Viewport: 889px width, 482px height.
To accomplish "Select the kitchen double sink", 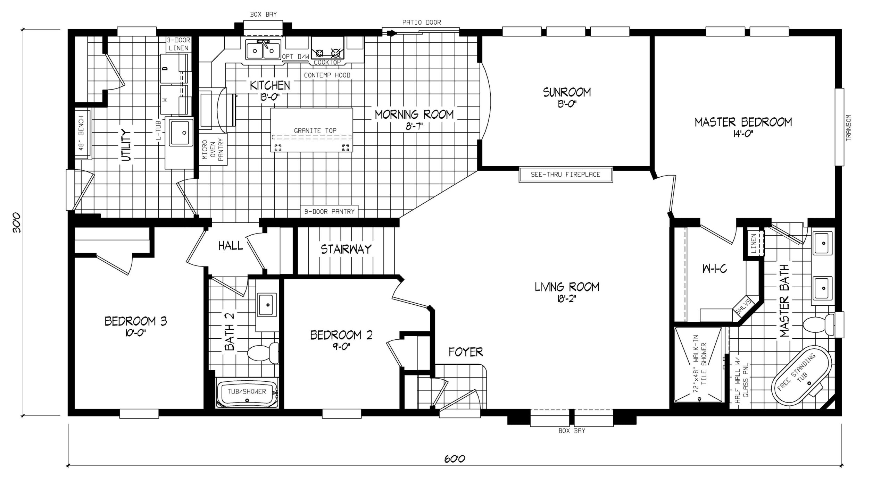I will click(x=263, y=51).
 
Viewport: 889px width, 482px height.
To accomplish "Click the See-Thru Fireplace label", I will click(x=565, y=175).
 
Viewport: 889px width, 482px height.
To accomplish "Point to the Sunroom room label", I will click(x=567, y=92).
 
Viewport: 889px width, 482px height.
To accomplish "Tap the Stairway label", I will click(x=346, y=249).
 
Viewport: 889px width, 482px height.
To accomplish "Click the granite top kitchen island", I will click(x=311, y=130).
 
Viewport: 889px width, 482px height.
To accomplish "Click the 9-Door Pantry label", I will click(x=329, y=211).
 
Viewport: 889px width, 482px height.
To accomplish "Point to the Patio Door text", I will click(x=421, y=23).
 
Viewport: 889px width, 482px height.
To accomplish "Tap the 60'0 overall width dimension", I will click(x=454, y=459).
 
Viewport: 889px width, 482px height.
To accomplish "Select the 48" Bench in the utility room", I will click(x=82, y=134).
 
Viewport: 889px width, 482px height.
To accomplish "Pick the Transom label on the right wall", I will click(x=849, y=128).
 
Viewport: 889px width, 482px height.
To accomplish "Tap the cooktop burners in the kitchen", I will click(x=327, y=52).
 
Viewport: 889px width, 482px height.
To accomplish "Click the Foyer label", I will click(x=466, y=352).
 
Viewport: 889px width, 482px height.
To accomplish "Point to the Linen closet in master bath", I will click(x=754, y=243).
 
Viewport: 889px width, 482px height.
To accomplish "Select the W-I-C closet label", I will click(x=714, y=269).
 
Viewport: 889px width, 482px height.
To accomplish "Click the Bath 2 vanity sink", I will click(x=267, y=305).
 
